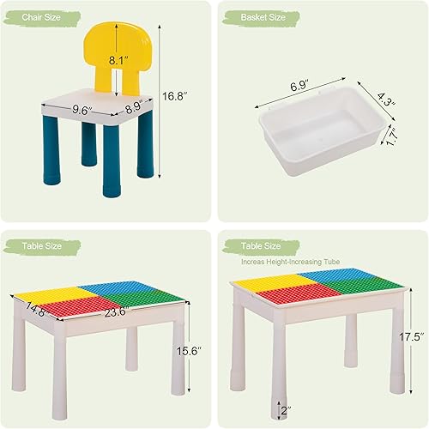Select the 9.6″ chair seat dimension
pyautogui.click(x=82, y=109)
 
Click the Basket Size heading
pyautogui.click(x=262, y=17)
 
